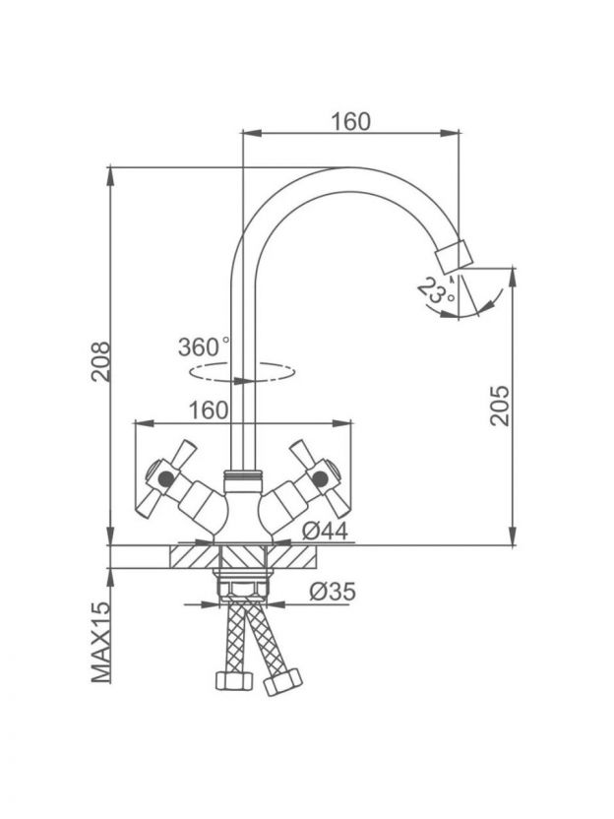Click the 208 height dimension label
(100, 361)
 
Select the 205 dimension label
(500, 406)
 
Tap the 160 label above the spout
(351, 121)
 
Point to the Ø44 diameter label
(326, 532)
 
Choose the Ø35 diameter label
(333, 592)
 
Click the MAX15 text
(101, 642)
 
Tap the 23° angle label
(437, 290)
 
